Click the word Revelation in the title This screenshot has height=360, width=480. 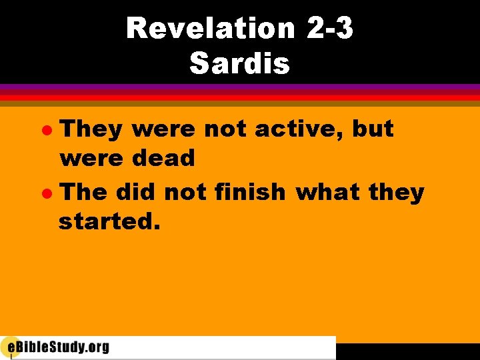pyautogui.click(x=210, y=28)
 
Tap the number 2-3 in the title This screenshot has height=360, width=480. pyautogui.click(x=331, y=28)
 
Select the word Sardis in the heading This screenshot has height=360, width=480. pyautogui.click(x=240, y=64)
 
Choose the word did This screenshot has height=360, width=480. pyautogui.click(x=135, y=192)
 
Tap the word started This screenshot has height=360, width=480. pyautogui.click(x=109, y=222)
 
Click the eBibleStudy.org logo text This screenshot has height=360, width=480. pyautogui.click(x=63, y=347)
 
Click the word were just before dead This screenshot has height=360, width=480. pyautogui.click(x=91, y=159)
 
